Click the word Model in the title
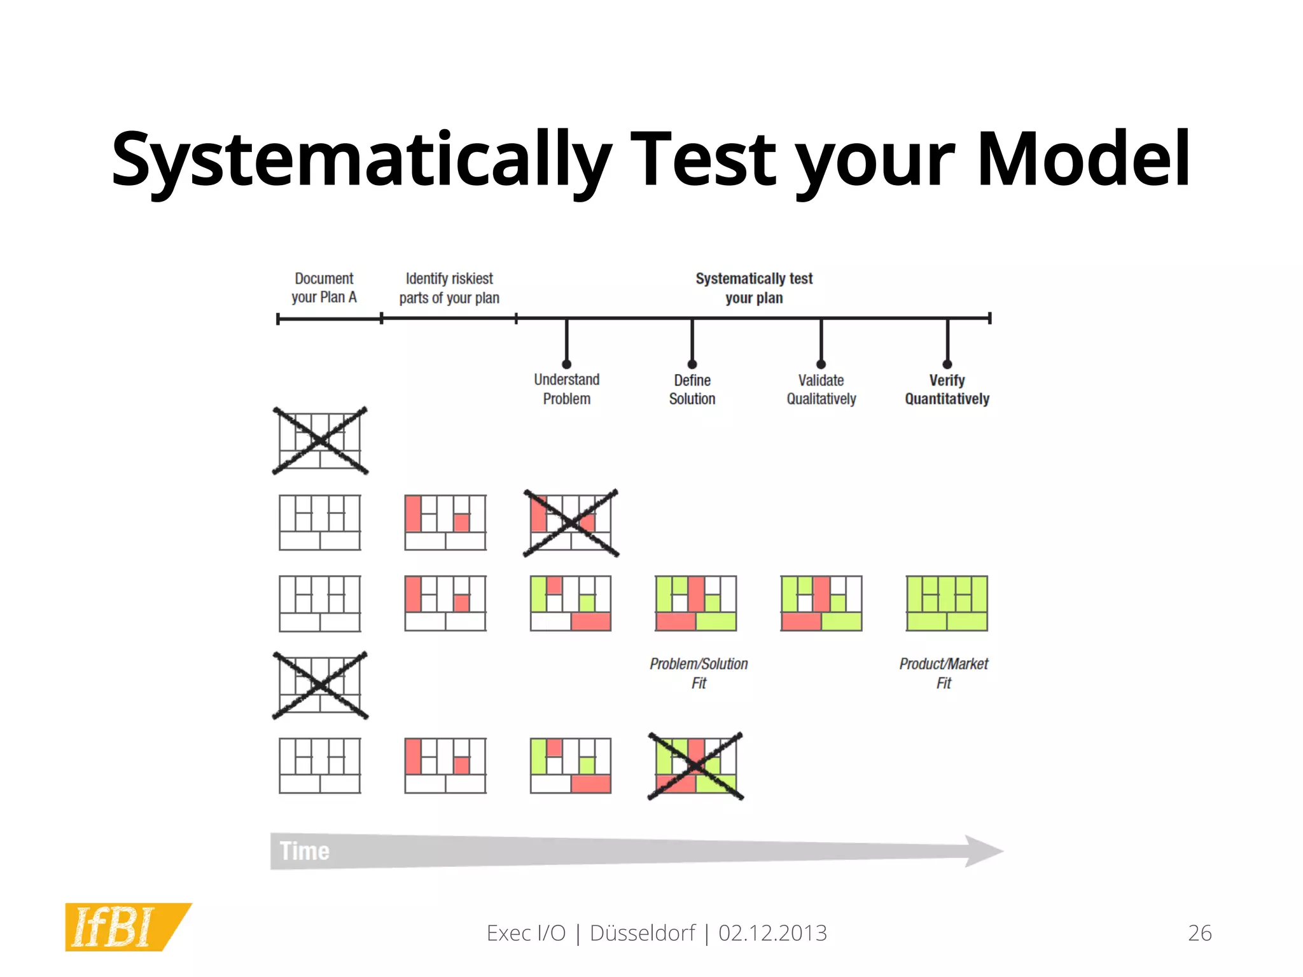click(x=1083, y=159)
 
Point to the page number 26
click(x=1199, y=933)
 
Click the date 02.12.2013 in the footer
click(x=772, y=933)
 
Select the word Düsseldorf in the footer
click(x=642, y=933)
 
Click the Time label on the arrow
click(x=305, y=851)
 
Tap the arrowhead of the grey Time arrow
click(x=983, y=851)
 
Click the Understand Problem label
click(x=566, y=389)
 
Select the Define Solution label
click(x=692, y=389)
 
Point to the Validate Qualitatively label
click(x=821, y=389)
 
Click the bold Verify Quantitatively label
click(x=947, y=389)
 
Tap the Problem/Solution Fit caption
click(x=699, y=673)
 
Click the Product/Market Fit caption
click(x=944, y=673)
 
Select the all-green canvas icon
click(x=947, y=603)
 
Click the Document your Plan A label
click(x=324, y=288)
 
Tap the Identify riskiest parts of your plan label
click(x=449, y=288)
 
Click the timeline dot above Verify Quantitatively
click(x=947, y=364)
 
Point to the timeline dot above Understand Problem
click(x=567, y=364)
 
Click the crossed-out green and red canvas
click(x=695, y=766)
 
